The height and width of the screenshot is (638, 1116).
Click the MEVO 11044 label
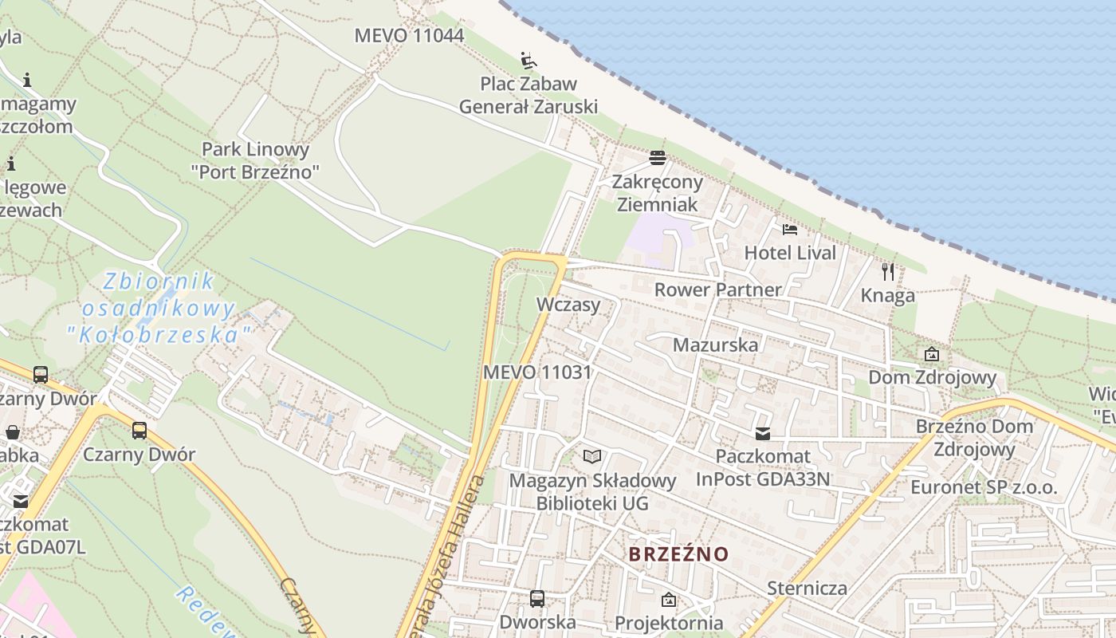409,36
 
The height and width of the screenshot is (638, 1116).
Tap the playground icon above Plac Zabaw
529,61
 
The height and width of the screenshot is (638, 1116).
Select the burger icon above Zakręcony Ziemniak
658,158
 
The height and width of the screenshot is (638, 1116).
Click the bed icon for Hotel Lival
790,230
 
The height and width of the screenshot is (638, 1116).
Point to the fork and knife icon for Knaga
888,272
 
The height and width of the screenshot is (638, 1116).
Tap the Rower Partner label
717,289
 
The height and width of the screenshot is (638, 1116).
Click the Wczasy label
568,304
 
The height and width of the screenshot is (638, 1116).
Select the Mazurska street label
716,345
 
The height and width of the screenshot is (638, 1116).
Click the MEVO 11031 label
537,372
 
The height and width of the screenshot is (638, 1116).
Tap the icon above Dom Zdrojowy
932,354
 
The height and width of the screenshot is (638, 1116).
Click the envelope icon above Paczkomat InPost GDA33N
763,434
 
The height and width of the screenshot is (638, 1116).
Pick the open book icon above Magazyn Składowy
592,456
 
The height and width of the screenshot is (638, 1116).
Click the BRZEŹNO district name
678,553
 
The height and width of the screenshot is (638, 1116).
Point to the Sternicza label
807,589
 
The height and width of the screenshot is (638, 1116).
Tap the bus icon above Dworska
537,598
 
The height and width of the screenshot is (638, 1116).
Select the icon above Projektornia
669,600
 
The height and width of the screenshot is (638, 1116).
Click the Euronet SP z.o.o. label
984,487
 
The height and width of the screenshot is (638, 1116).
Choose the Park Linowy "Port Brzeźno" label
255,159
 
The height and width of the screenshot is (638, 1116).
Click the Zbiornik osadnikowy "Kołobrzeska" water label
159,308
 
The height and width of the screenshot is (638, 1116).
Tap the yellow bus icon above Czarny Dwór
139,431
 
